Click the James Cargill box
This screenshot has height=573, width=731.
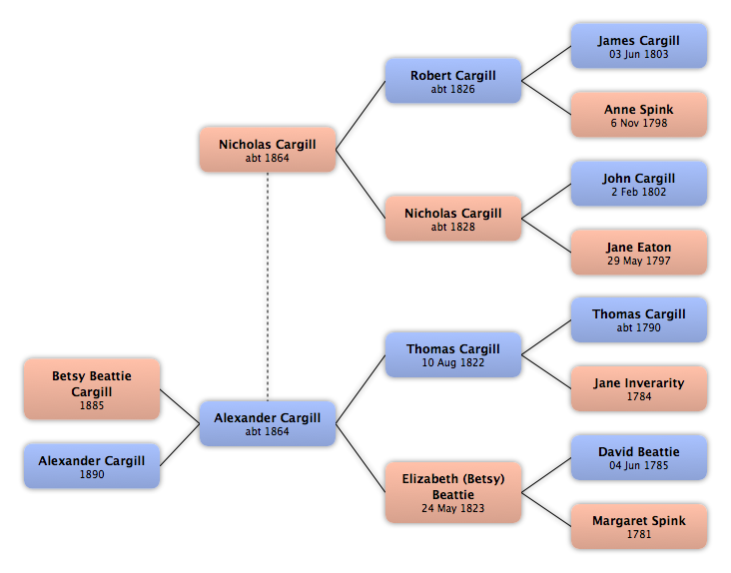pyautogui.click(x=639, y=46)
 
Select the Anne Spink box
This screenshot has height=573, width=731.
pyautogui.click(x=639, y=115)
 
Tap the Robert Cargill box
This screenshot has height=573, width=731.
pyautogui.click(x=453, y=81)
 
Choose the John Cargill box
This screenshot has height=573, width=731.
pyautogui.click(x=639, y=184)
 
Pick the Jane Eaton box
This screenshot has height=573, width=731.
pyautogui.click(x=639, y=252)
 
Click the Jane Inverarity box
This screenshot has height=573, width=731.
pyautogui.click(x=639, y=388)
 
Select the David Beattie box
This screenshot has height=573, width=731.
pyautogui.click(x=639, y=457)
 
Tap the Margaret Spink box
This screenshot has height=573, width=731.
pyautogui.click(x=639, y=526)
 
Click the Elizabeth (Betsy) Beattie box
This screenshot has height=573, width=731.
pyautogui.click(x=453, y=492)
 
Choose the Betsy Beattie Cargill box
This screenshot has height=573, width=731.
pyautogui.click(x=92, y=389)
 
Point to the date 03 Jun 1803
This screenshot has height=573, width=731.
pyautogui.click(x=639, y=54)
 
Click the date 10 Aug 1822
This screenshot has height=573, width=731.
pyautogui.click(x=453, y=362)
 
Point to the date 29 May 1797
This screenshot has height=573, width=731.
pyautogui.click(x=639, y=261)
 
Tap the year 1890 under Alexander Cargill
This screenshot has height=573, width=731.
pyautogui.click(x=92, y=474)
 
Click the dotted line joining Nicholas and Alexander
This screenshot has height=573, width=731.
pyautogui.click(x=268, y=286)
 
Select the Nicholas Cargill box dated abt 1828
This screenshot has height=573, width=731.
pyautogui.click(x=453, y=219)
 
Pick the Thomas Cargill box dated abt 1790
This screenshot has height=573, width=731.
pyautogui.click(x=639, y=320)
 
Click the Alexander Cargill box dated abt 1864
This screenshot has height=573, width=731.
pyautogui.click(x=268, y=423)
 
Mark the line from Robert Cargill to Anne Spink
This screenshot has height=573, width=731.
pyautogui.click(x=546, y=98)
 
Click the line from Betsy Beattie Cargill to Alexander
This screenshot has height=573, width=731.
pyautogui.click(x=180, y=406)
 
